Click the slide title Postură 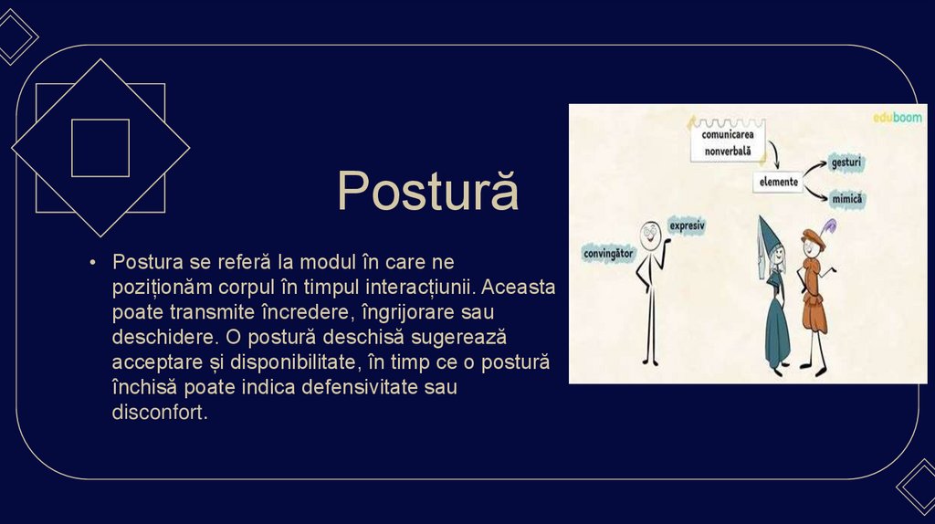(x=427, y=191)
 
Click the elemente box (x=779, y=182)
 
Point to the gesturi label (x=846, y=162)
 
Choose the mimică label (x=847, y=198)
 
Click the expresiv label (x=687, y=225)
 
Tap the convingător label (x=608, y=253)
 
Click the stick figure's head (x=649, y=235)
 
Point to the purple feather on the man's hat (x=829, y=227)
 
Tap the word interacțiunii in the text (x=419, y=287)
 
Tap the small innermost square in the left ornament (x=100, y=148)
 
